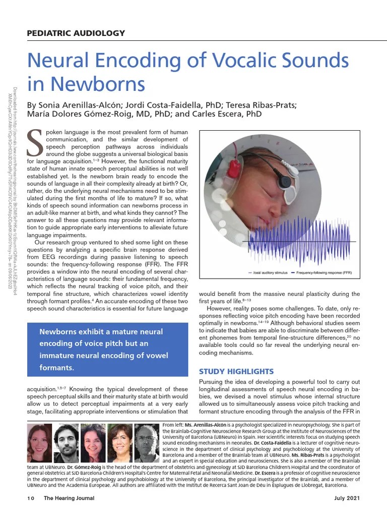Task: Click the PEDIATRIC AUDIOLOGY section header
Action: coord(76,33)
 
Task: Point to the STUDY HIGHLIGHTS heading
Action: coord(236,372)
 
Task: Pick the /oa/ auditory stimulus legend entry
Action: coord(267,273)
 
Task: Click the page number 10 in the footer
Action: coord(31,498)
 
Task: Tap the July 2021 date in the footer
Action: coord(347,498)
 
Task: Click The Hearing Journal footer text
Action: coord(69,498)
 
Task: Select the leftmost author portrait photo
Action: coord(39,443)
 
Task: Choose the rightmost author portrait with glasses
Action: coord(147,443)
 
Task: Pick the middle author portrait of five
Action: coord(93,443)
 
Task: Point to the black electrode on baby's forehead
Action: coord(286,181)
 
